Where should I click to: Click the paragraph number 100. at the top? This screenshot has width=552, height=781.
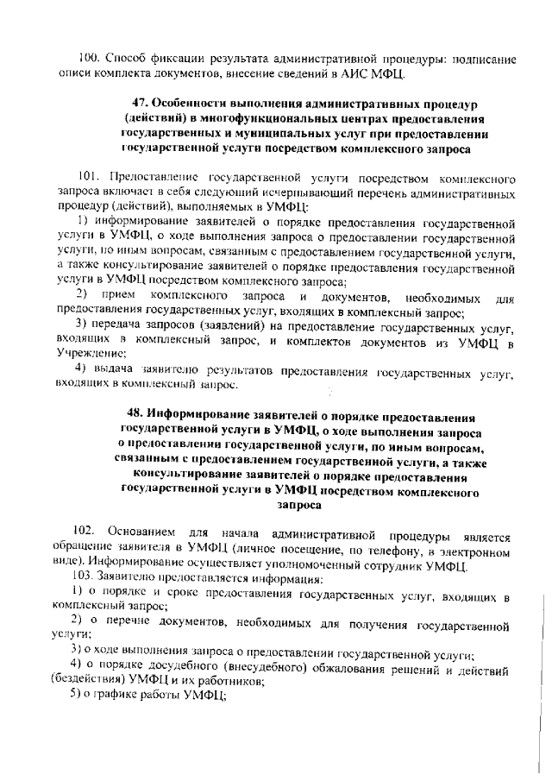pyautogui.click(x=88, y=60)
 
